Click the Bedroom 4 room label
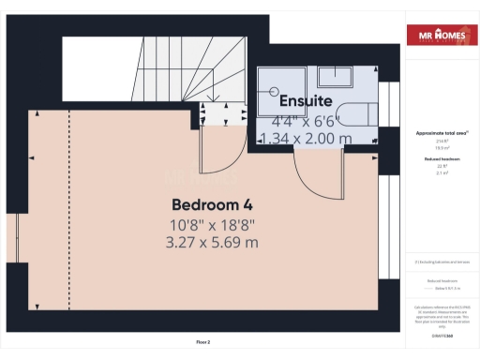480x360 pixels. point(211,204)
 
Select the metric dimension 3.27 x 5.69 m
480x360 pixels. point(211,242)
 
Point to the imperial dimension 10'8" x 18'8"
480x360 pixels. point(211,224)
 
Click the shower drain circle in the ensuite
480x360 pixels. point(276,92)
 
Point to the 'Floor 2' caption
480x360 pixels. point(202,343)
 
